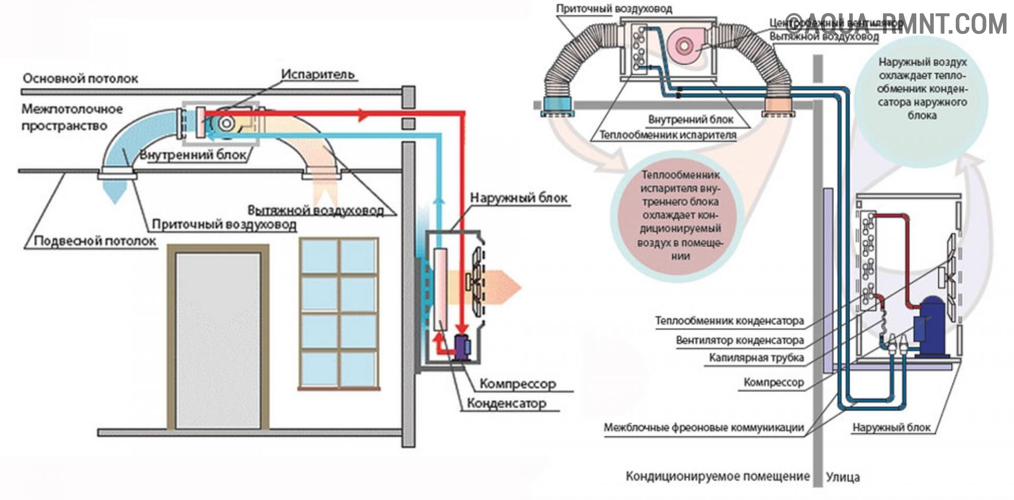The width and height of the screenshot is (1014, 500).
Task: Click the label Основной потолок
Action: [80, 79]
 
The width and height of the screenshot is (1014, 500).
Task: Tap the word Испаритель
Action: [317, 74]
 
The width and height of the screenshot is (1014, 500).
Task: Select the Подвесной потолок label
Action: [95, 241]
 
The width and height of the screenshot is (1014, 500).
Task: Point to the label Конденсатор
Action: [506, 404]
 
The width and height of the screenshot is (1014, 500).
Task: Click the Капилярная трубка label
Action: [756, 358]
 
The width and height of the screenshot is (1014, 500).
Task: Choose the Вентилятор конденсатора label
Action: [739, 341]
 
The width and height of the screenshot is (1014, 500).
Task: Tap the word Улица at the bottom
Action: [842, 477]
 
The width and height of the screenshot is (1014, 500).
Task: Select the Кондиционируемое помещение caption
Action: [717, 476]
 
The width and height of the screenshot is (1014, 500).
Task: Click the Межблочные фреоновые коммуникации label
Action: [703, 427]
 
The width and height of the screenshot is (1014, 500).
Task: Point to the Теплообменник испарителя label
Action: [668, 135]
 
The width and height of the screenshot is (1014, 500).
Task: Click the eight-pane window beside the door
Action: [339, 313]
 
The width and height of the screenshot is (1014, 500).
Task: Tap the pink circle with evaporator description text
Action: [680, 215]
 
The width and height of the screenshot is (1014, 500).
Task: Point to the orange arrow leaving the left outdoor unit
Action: [502, 288]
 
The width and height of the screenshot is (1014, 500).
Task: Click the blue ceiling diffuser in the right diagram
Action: [556, 106]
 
